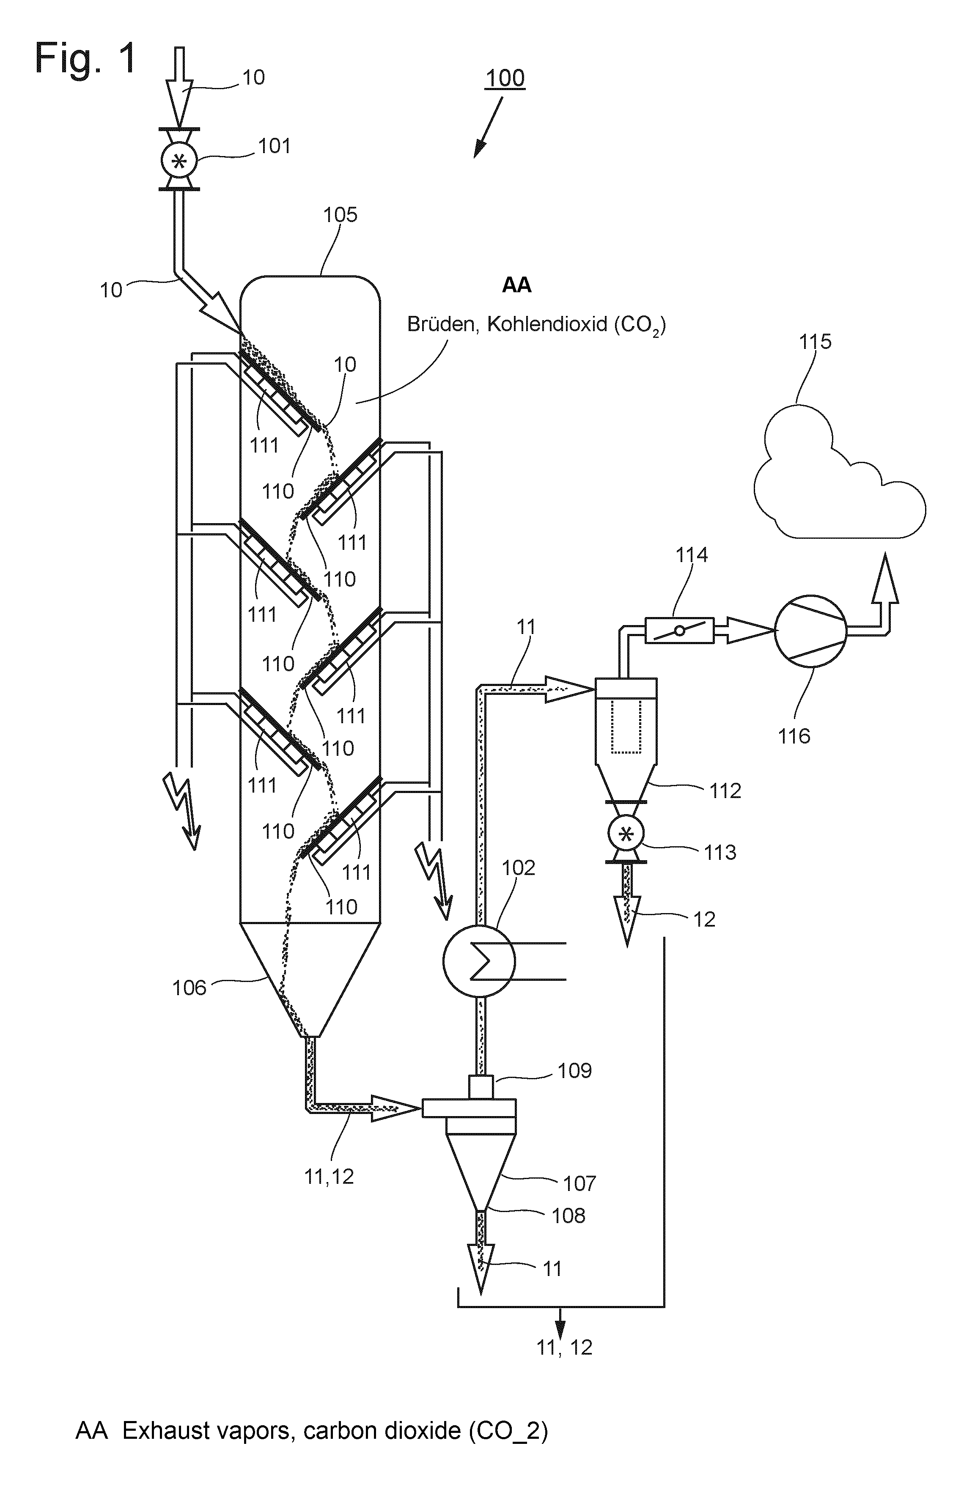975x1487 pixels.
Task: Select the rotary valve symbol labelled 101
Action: (179, 161)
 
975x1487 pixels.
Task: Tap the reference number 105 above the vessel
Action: (340, 215)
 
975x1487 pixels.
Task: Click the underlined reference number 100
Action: (505, 78)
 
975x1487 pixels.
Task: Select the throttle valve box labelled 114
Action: (679, 631)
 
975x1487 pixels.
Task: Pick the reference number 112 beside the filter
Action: (725, 791)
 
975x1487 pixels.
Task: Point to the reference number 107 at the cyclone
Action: (580, 1183)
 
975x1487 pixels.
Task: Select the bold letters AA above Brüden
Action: (517, 285)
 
